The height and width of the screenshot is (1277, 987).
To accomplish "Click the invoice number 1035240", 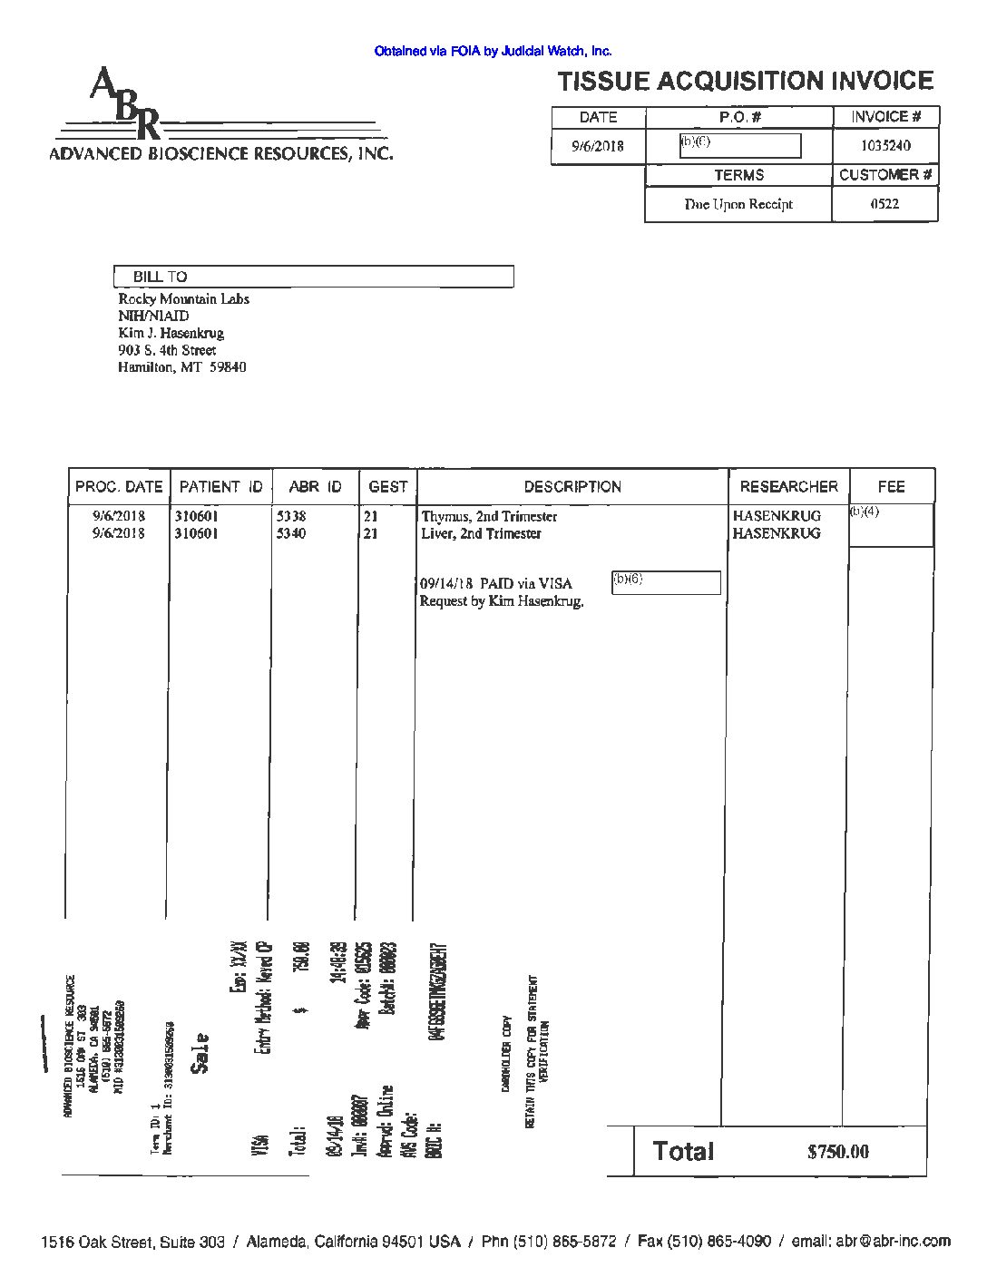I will tap(885, 146).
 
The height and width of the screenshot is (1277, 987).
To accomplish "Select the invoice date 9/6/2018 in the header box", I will tap(598, 146).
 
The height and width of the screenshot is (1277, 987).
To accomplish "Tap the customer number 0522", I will tap(884, 204).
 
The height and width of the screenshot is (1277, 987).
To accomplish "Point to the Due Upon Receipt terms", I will tap(738, 204).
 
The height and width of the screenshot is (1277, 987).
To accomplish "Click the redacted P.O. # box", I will tap(740, 146).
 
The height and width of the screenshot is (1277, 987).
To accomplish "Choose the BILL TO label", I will tap(161, 277).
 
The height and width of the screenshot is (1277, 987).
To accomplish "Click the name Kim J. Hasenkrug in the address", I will tap(171, 333).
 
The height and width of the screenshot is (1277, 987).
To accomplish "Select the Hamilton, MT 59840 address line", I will tap(181, 367).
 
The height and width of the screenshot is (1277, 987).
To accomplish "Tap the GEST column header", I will tap(388, 487).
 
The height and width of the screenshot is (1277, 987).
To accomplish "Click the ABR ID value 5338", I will tap(291, 516).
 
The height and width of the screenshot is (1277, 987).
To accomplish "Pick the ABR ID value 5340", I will tap(291, 533).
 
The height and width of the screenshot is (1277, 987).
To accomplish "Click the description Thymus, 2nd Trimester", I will tap(489, 516).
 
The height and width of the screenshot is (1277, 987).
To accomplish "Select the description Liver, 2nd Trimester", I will tap(481, 533).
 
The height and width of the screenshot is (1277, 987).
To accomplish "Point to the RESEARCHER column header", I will tap(788, 487).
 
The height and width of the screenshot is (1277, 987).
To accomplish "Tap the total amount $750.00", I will tap(837, 1152).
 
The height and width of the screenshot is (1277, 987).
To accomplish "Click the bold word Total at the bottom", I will tap(683, 1152).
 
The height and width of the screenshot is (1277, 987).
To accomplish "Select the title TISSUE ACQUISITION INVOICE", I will tap(746, 82).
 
